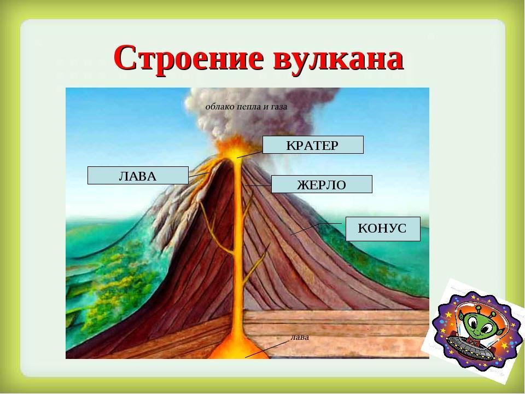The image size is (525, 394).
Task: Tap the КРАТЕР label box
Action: (313, 144)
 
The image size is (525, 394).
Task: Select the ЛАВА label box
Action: (138, 175)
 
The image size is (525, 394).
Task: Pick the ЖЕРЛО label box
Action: (322, 184)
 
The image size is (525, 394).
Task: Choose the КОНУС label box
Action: (383, 229)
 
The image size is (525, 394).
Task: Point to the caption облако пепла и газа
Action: (246, 107)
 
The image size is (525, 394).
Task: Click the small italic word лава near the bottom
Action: (300, 337)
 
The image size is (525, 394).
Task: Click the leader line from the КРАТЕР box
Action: (250, 154)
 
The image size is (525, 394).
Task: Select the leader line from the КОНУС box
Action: (316, 229)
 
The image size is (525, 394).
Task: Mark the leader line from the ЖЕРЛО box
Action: (258, 185)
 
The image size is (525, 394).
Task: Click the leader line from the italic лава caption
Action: (267, 349)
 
